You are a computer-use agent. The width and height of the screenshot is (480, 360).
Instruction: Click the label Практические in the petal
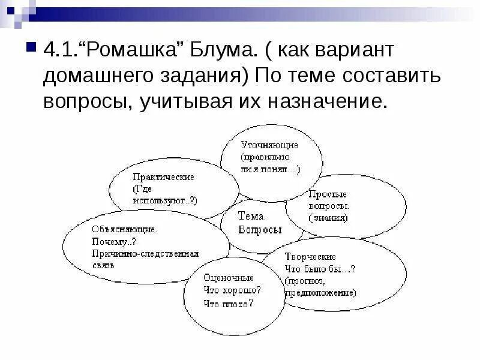[x=164, y=178]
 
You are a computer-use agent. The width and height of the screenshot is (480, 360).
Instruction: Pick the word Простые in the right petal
[x=327, y=194]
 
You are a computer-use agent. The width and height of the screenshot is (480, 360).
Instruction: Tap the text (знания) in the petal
[x=328, y=218]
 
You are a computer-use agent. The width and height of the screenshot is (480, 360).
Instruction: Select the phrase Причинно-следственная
[x=145, y=254]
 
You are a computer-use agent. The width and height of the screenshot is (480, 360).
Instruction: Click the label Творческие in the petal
[x=317, y=257]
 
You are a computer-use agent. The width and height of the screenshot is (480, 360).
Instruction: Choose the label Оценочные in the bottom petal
[x=229, y=278]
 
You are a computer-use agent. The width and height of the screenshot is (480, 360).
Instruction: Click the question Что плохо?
[x=228, y=303]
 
